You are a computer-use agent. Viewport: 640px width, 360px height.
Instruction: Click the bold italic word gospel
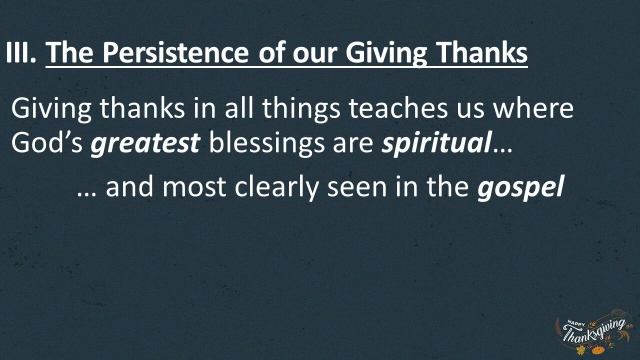(520, 188)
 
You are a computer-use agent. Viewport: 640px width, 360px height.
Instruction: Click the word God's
(47, 143)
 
